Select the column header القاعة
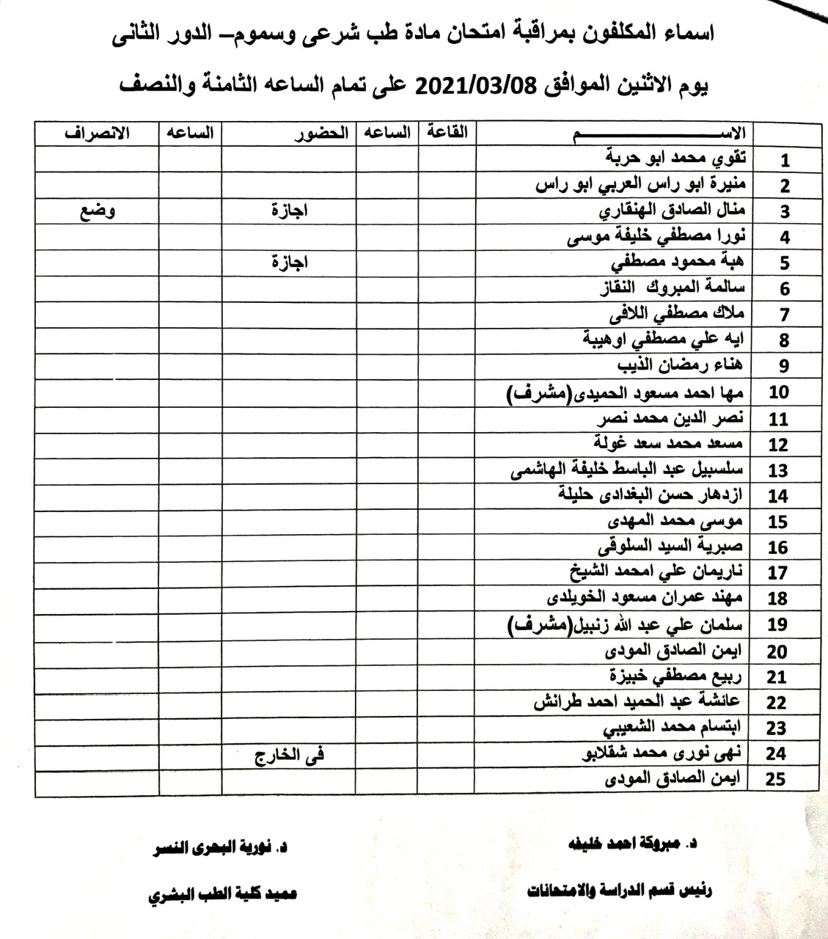click(447, 133)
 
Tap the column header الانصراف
click(97, 134)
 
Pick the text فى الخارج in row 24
click(289, 754)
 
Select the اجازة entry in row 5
click(289, 263)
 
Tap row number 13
click(779, 471)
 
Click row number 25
click(775, 779)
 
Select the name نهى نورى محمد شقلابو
click(664, 753)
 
